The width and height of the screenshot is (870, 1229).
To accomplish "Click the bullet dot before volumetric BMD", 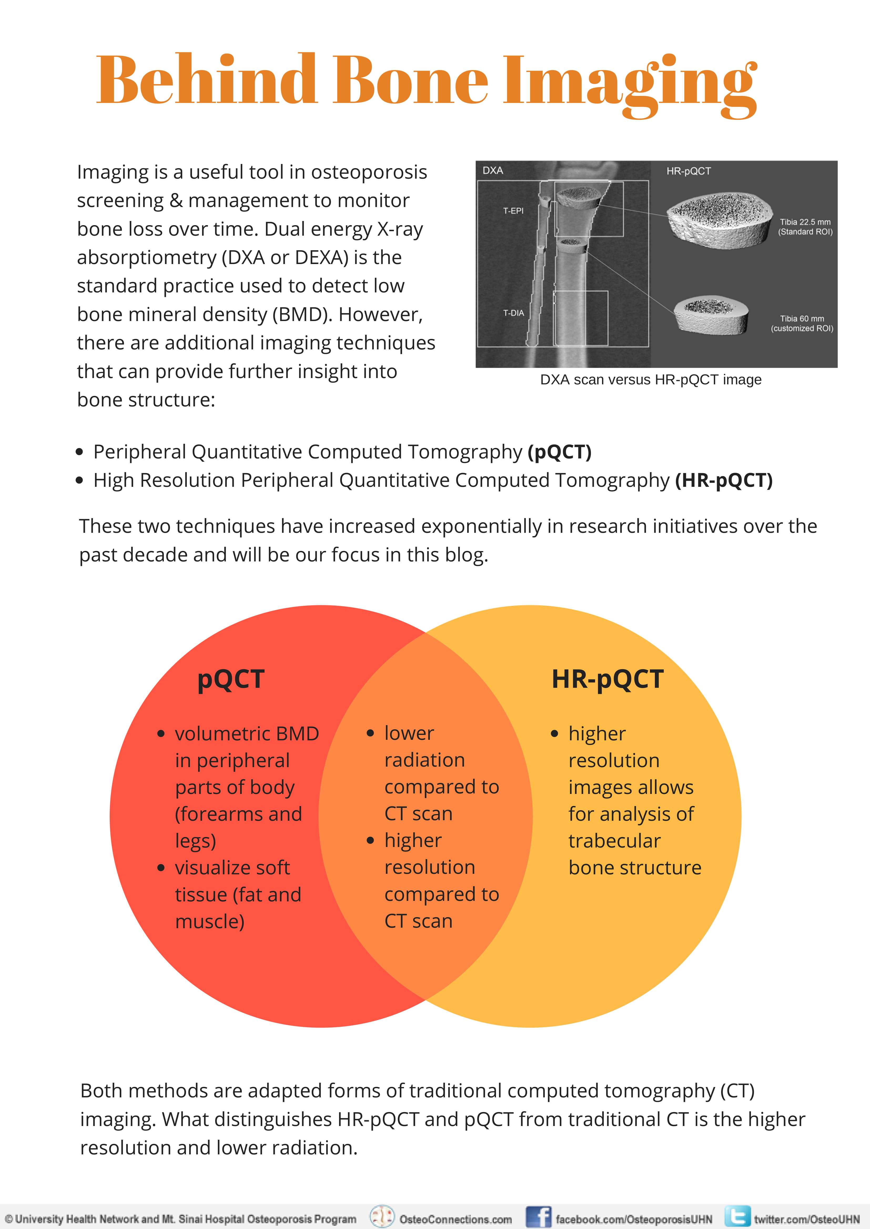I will pyautogui.click(x=161, y=734).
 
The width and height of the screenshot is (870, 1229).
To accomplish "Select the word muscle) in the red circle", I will pyautogui.click(x=209, y=922).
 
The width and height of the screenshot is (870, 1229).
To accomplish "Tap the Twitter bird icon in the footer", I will pyautogui.click(x=737, y=1217).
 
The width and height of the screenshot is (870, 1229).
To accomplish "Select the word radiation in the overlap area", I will pyautogui.click(x=424, y=760).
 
